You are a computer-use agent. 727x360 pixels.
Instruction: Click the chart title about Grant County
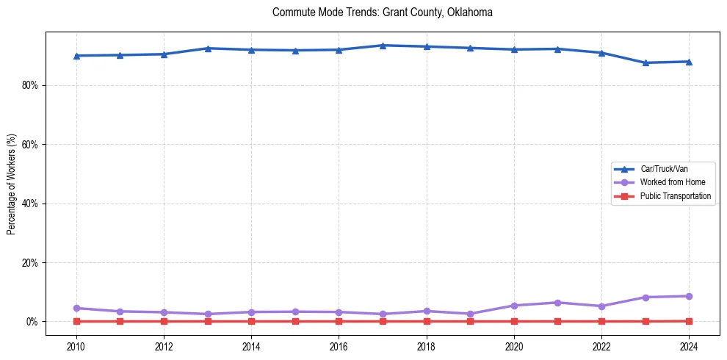click(x=382, y=12)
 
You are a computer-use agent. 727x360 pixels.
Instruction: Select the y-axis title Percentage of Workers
click(x=11, y=184)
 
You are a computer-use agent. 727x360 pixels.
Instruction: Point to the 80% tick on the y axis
click(x=29, y=85)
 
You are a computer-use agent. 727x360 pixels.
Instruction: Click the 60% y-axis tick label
click(x=29, y=145)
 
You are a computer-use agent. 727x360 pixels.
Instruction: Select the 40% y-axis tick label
click(x=29, y=204)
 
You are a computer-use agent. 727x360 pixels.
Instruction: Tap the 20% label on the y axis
click(x=29, y=262)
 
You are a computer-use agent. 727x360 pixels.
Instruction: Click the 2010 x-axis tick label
click(x=76, y=346)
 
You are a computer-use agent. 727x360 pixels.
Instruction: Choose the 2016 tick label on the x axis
click(x=339, y=346)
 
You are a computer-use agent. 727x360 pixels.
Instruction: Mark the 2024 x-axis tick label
click(x=689, y=346)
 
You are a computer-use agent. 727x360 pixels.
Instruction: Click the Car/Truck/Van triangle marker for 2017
click(x=383, y=46)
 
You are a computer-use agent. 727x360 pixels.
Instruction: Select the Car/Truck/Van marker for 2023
click(x=645, y=62)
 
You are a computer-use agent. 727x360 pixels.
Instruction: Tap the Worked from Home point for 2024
click(x=689, y=296)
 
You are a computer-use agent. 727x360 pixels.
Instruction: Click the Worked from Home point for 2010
click(x=76, y=308)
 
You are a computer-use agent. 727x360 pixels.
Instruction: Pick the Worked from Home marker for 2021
click(x=557, y=303)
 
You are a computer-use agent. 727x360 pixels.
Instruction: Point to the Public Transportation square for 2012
click(x=164, y=321)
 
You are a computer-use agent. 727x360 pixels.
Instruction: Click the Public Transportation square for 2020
click(x=514, y=321)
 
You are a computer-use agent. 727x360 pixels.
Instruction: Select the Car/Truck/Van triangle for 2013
click(x=208, y=48)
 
